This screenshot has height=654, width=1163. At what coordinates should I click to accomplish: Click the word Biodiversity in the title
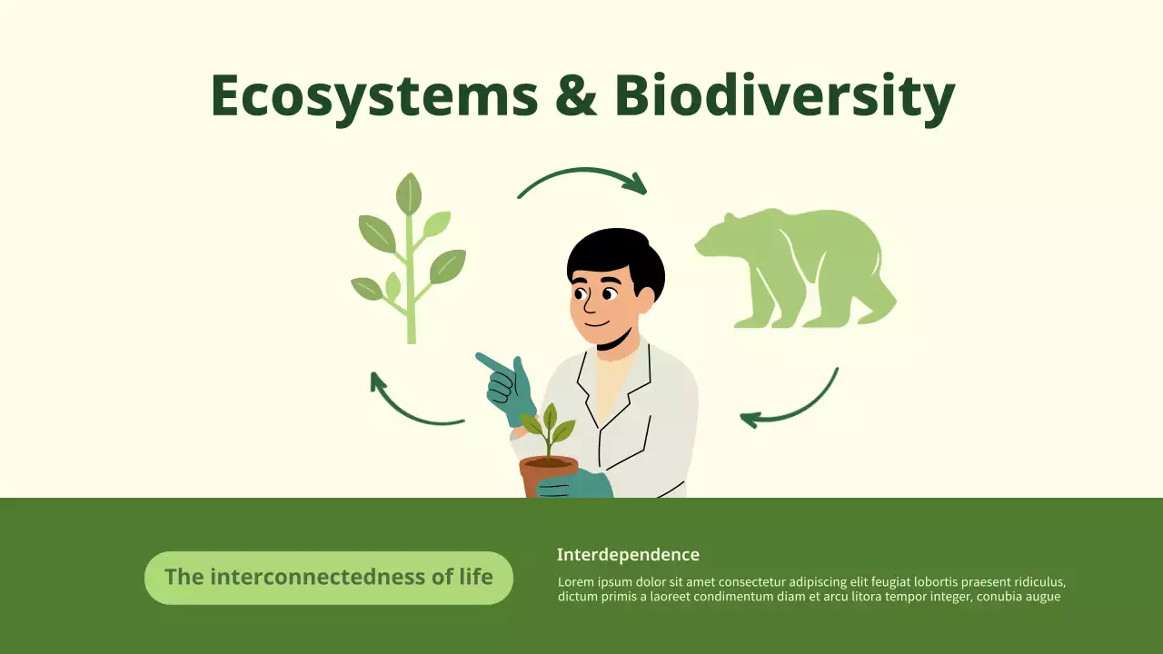coord(784,96)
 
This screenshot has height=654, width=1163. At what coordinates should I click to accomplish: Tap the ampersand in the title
coord(576,96)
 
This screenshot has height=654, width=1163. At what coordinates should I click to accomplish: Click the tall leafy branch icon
coord(408,259)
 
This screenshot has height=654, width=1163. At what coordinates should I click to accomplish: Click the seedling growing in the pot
coord(549,431)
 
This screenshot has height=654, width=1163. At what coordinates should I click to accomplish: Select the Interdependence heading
coord(628,555)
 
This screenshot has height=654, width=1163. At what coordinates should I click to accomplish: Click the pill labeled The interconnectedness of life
coord(329,578)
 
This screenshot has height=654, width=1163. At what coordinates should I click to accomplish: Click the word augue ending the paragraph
coord(1042,597)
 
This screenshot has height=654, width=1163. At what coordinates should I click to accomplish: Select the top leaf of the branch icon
coord(409,193)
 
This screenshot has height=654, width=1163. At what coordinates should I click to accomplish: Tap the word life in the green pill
coord(476,577)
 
